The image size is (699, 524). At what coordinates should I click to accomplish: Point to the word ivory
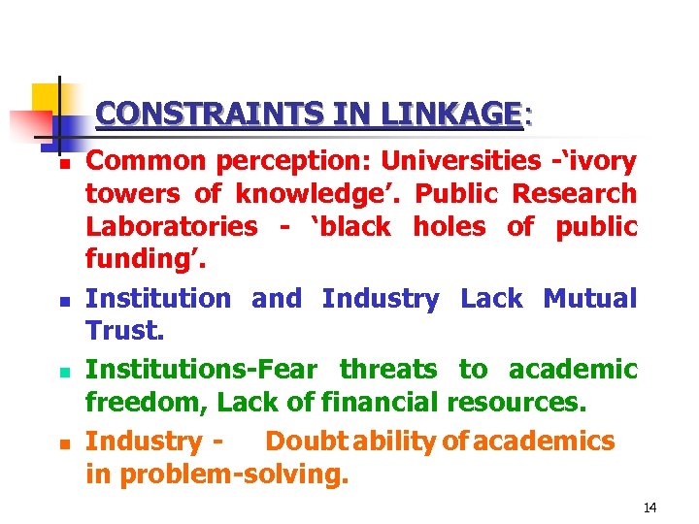point(602,160)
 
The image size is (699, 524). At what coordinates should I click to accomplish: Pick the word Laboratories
point(172,227)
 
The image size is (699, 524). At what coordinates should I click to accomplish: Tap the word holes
point(449,227)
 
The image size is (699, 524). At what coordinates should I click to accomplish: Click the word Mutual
point(589,298)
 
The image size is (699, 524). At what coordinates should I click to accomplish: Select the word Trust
point(124,332)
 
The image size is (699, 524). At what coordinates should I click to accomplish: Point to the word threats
point(388,369)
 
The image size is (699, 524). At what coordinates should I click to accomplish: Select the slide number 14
point(649,508)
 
